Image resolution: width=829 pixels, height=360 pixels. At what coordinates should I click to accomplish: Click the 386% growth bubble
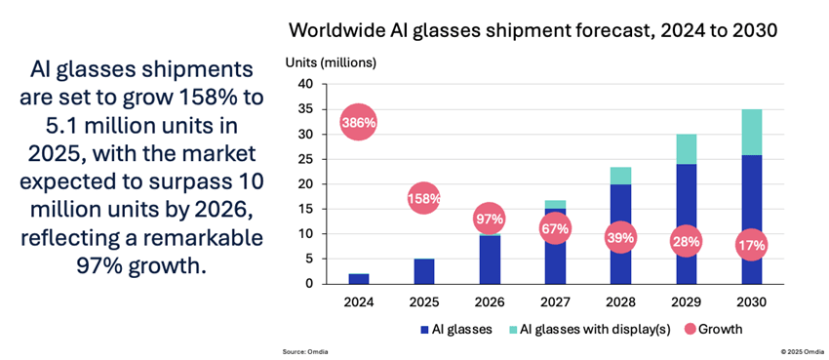pyautogui.click(x=358, y=123)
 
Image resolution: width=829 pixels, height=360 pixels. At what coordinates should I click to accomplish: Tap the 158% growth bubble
pyautogui.click(x=423, y=198)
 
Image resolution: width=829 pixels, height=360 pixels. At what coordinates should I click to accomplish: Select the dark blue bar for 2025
pyautogui.click(x=423, y=270)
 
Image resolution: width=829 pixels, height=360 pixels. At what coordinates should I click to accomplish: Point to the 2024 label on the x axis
pyautogui.click(x=358, y=301)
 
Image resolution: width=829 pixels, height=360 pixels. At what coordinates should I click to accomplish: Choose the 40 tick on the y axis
pyautogui.click(x=305, y=84)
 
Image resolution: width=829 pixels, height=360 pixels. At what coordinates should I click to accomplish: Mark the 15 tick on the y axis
pyautogui.click(x=305, y=209)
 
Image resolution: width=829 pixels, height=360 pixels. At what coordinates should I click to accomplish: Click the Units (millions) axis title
pyautogui.click(x=330, y=62)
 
